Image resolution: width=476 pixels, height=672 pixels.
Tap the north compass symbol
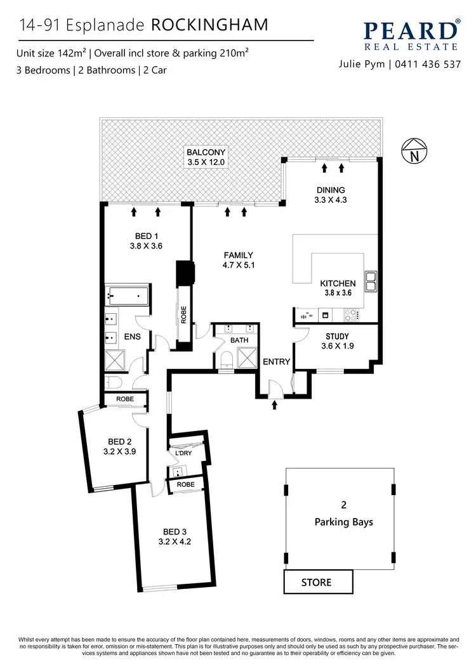(x=414, y=152)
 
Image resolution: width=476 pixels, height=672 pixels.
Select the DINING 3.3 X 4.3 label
(x=331, y=195)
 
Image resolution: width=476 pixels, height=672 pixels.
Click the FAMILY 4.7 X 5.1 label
(x=238, y=260)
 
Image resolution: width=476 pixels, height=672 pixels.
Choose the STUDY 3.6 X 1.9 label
(x=337, y=341)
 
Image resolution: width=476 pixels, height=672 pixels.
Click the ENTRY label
(x=276, y=362)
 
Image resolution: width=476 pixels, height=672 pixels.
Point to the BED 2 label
(x=120, y=447)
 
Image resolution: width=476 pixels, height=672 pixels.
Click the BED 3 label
(x=175, y=536)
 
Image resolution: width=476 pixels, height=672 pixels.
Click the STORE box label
(x=316, y=581)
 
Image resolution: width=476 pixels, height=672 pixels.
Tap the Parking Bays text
(x=343, y=522)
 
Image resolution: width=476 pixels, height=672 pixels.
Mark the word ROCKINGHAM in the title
(x=209, y=25)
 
